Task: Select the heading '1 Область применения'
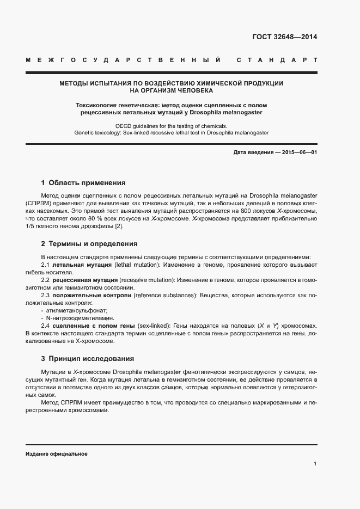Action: click(83, 183)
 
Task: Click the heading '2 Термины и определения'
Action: click(89, 244)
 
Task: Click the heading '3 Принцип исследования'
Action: click(87, 359)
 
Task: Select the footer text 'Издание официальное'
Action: click(56, 453)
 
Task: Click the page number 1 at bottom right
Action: click(315, 464)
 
